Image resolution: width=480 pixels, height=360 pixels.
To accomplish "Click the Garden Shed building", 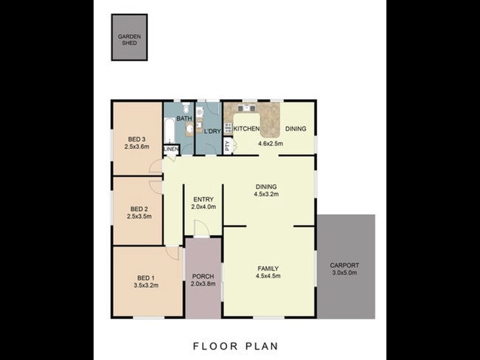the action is [130, 37].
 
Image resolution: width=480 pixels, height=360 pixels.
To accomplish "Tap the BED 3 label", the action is [137, 139].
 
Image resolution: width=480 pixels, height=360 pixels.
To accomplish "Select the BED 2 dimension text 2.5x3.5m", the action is [139, 217].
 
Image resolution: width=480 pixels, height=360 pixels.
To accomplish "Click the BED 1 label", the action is [146, 278].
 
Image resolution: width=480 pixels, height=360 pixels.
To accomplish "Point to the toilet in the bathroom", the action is [186, 107].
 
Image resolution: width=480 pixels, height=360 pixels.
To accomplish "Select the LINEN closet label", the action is [171, 149].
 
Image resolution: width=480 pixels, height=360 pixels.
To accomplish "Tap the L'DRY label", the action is [212, 131].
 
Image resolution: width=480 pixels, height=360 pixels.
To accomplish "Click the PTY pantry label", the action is [227, 145].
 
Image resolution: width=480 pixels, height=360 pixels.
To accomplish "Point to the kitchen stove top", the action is [228, 128].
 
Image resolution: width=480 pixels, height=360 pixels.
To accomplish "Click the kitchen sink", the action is [247, 108].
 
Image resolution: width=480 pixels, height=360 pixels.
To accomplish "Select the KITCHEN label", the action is [247, 129].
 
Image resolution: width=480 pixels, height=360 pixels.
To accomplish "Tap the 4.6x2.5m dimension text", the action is [271, 143].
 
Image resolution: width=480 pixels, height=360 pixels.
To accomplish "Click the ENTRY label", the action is [203, 199].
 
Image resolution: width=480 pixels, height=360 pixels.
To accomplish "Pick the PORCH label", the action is [203, 277].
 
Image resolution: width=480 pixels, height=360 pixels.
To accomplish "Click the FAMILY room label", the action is [268, 268].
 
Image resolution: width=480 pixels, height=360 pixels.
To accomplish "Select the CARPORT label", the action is [344, 265].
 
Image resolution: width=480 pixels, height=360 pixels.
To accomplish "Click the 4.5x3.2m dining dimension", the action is [266, 194].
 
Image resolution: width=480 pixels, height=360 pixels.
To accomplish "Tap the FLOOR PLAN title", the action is [235, 346].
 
